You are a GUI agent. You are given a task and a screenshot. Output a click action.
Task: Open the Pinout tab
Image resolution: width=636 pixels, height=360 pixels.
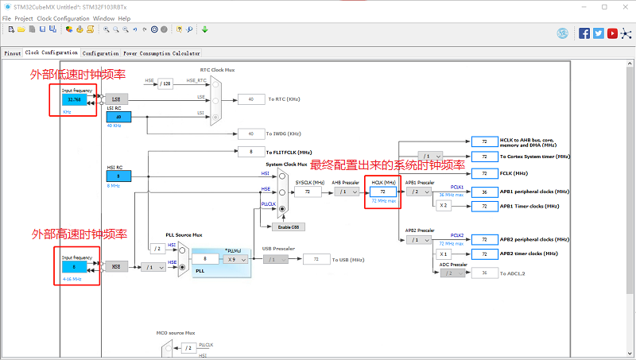(x=13, y=53)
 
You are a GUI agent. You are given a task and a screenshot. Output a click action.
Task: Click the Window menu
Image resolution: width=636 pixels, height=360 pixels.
(x=103, y=17)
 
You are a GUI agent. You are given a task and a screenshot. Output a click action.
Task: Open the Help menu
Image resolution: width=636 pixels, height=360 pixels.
(x=125, y=17)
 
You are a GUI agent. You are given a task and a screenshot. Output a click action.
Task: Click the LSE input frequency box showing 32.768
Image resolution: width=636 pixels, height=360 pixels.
(x=75, y=99)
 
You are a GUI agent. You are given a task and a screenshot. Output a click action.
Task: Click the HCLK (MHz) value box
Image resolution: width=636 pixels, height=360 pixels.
(x=382, y=192)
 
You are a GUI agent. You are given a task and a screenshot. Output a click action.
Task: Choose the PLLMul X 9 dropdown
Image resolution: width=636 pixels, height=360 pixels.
(x=235, y=259)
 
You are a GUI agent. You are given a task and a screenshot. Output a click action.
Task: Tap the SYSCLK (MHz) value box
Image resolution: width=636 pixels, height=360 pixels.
(x=308, y=192)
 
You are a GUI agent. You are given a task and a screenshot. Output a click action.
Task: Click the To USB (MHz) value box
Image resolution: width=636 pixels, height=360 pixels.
(x=316, y=259)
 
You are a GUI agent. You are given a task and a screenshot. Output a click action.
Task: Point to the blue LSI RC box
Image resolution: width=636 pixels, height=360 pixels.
(x=118, y=117)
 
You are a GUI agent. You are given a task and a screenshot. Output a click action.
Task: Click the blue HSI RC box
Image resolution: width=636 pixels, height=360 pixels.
(x=118, y=176)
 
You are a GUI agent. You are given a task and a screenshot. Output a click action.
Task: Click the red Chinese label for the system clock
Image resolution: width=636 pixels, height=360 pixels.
(x=387, y=165)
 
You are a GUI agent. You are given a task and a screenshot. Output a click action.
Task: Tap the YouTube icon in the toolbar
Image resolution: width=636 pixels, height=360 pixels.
(x=612, y=33)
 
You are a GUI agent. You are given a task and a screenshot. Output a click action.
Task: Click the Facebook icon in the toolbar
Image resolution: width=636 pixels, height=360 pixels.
(x=584, y=33)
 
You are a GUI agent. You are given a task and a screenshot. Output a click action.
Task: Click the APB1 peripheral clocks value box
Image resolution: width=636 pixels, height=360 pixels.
(x=484, y=192)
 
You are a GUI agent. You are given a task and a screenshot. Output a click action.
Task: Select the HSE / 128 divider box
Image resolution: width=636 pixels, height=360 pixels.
(x=165, y=83)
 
